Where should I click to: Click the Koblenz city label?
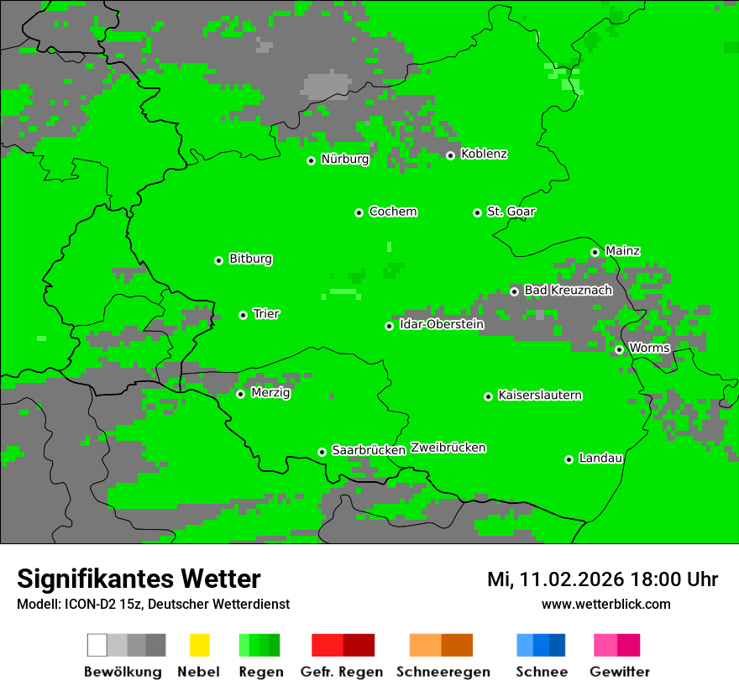tap(485, 154)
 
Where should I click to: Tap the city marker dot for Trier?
tap(244, 315)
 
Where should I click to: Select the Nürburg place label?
tap(344, 159)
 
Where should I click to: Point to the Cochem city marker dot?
tap(359, 212)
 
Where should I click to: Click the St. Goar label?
tap(511, 212)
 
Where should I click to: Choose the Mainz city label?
tap(622, 250)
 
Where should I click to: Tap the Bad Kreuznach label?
tap(568, 290)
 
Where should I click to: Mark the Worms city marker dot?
tap(620, 349)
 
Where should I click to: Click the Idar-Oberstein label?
tap(441, 324)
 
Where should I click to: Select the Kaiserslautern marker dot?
tap(489, 396)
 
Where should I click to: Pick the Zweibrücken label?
tap(448, 448)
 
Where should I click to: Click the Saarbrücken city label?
tap(369, 450)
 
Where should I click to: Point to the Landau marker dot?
tap(569, 459)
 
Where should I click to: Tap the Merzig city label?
tap(270, 392)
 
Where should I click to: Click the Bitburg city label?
tap(250, 259)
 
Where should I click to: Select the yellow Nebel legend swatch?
tap(199, 645)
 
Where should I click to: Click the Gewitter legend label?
tap(620, 672)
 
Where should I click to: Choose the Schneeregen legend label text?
tap(443, 672)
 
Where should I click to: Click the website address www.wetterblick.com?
tap(605, 604)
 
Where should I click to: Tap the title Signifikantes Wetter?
tap(139, 579)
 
